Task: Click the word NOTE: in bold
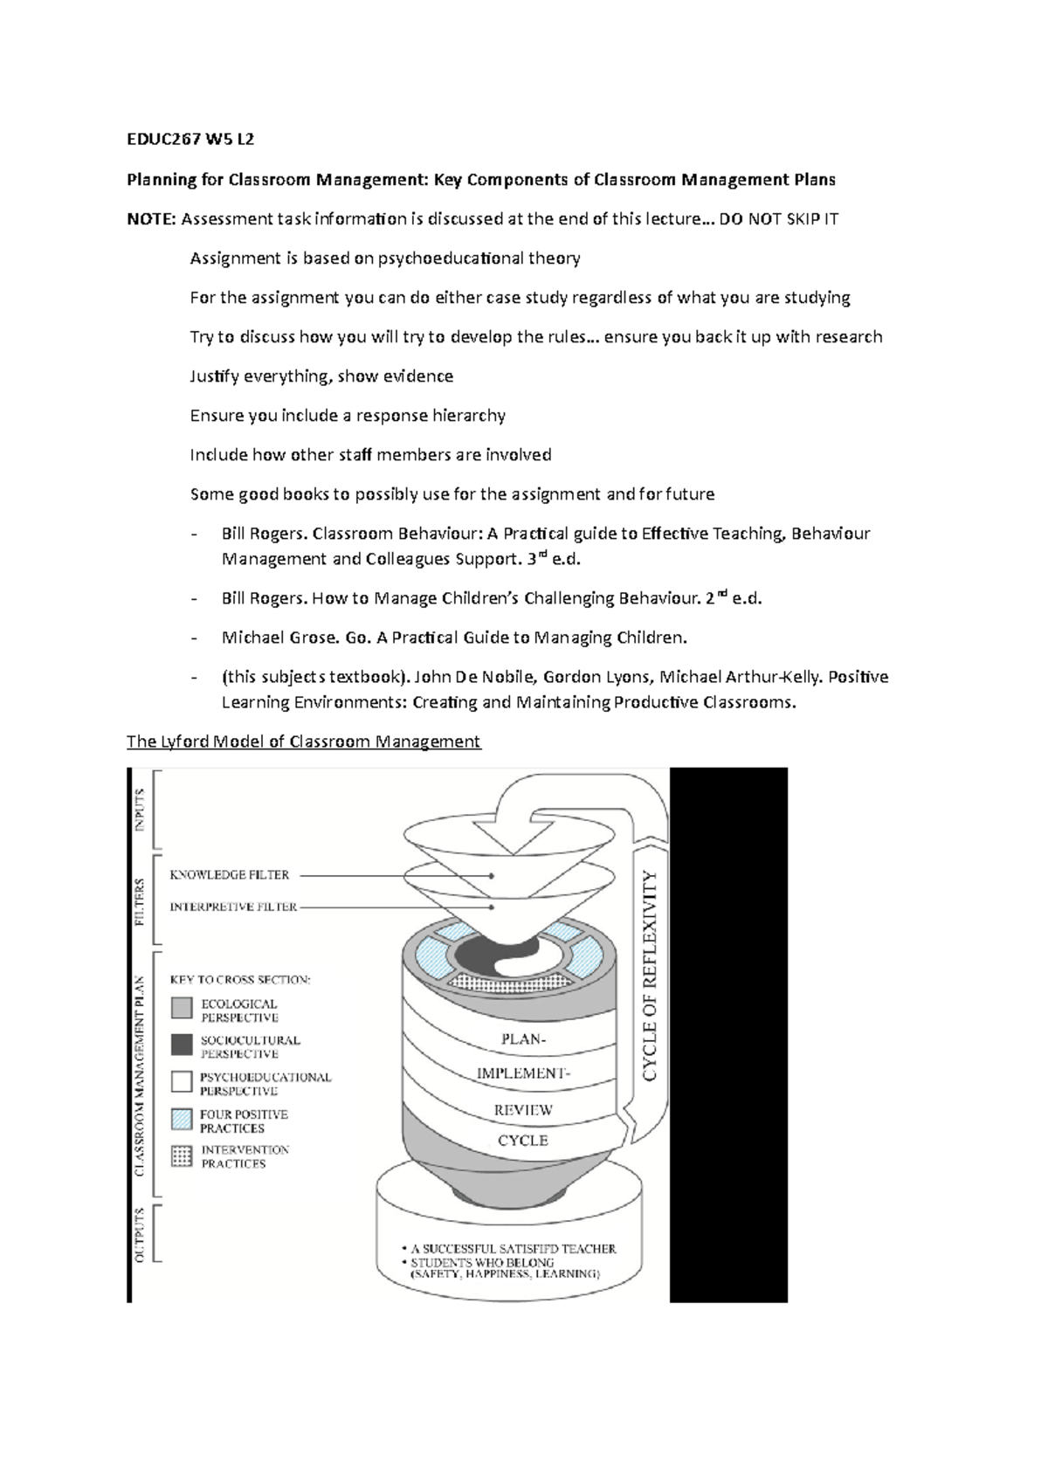151,218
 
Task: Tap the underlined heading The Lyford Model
303,741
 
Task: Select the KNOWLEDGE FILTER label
229,874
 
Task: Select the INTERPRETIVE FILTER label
232,907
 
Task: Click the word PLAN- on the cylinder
523,1039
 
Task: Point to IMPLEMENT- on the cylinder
523,1073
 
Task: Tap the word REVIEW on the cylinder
523,1110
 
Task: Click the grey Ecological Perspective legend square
182,1008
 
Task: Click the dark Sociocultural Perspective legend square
182,1045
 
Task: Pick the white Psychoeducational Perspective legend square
182,1081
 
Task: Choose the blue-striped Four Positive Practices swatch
182,1119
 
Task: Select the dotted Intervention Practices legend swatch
182,1155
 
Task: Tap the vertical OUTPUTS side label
140,1233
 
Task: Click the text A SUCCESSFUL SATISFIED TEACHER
513,1249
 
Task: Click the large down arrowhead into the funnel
514,837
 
